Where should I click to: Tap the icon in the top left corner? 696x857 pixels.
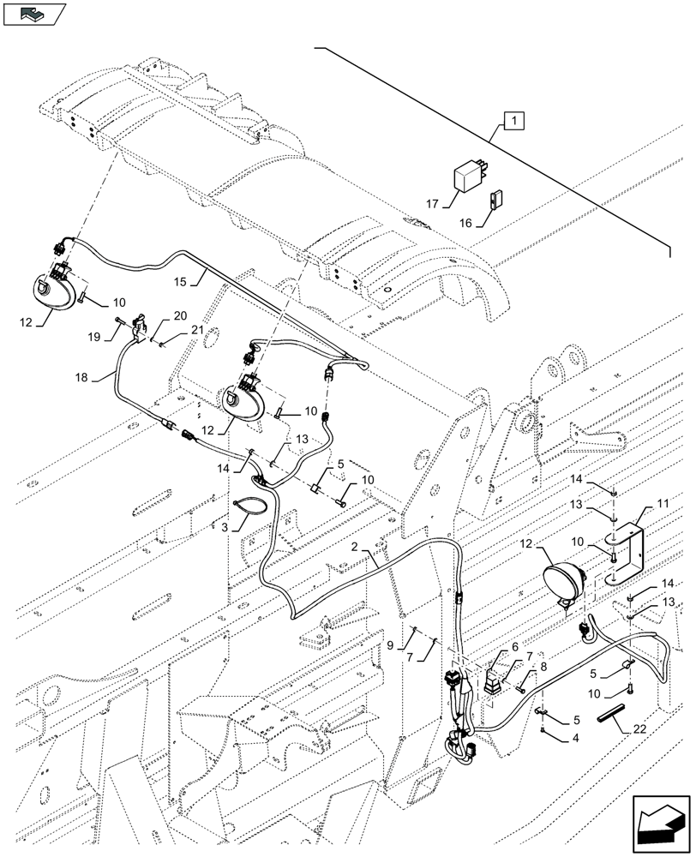(34, 12)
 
